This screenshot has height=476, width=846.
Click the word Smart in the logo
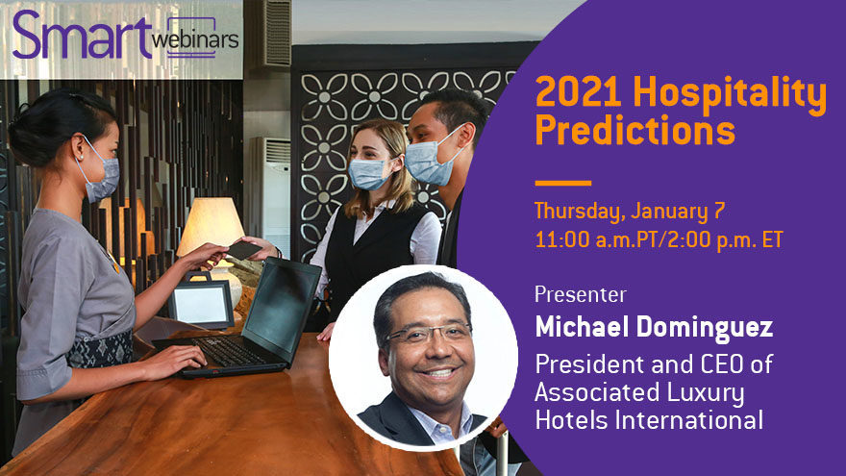point(82,35)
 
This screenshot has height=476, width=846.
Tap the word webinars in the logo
point(195,39)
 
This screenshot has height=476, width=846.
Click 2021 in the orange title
point(579,91)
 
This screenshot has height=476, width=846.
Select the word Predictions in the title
point(635,130)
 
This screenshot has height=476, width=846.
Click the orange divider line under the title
point(562,183)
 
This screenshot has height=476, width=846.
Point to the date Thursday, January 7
point(630,211)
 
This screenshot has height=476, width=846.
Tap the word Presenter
point(581,294)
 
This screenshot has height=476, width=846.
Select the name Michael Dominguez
point(654,328)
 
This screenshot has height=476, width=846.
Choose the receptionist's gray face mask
point(103,177)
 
